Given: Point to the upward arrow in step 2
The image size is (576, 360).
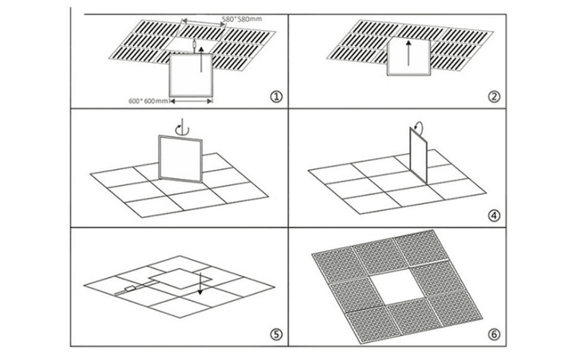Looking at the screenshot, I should [x=410, y=56].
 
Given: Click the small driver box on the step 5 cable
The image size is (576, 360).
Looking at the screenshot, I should [x=131, y=291].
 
